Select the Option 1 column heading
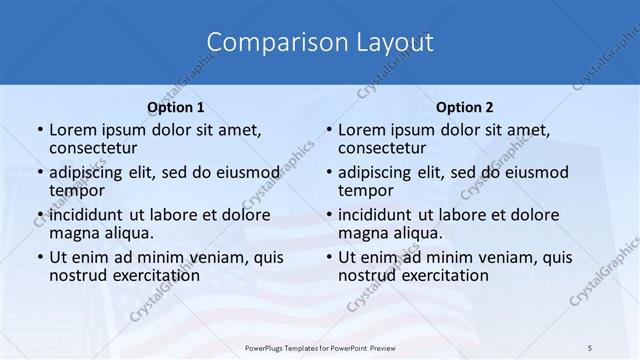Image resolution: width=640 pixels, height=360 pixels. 176,107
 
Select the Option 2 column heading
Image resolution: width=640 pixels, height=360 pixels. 465,107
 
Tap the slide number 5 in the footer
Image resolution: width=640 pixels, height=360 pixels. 589,348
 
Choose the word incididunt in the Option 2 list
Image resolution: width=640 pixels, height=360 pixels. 377,214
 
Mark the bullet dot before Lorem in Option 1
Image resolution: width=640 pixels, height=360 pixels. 39,131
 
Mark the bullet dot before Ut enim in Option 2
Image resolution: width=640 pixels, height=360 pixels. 328,257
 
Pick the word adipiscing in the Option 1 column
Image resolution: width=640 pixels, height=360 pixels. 89,171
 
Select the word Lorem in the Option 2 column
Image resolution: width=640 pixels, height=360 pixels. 361,130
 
